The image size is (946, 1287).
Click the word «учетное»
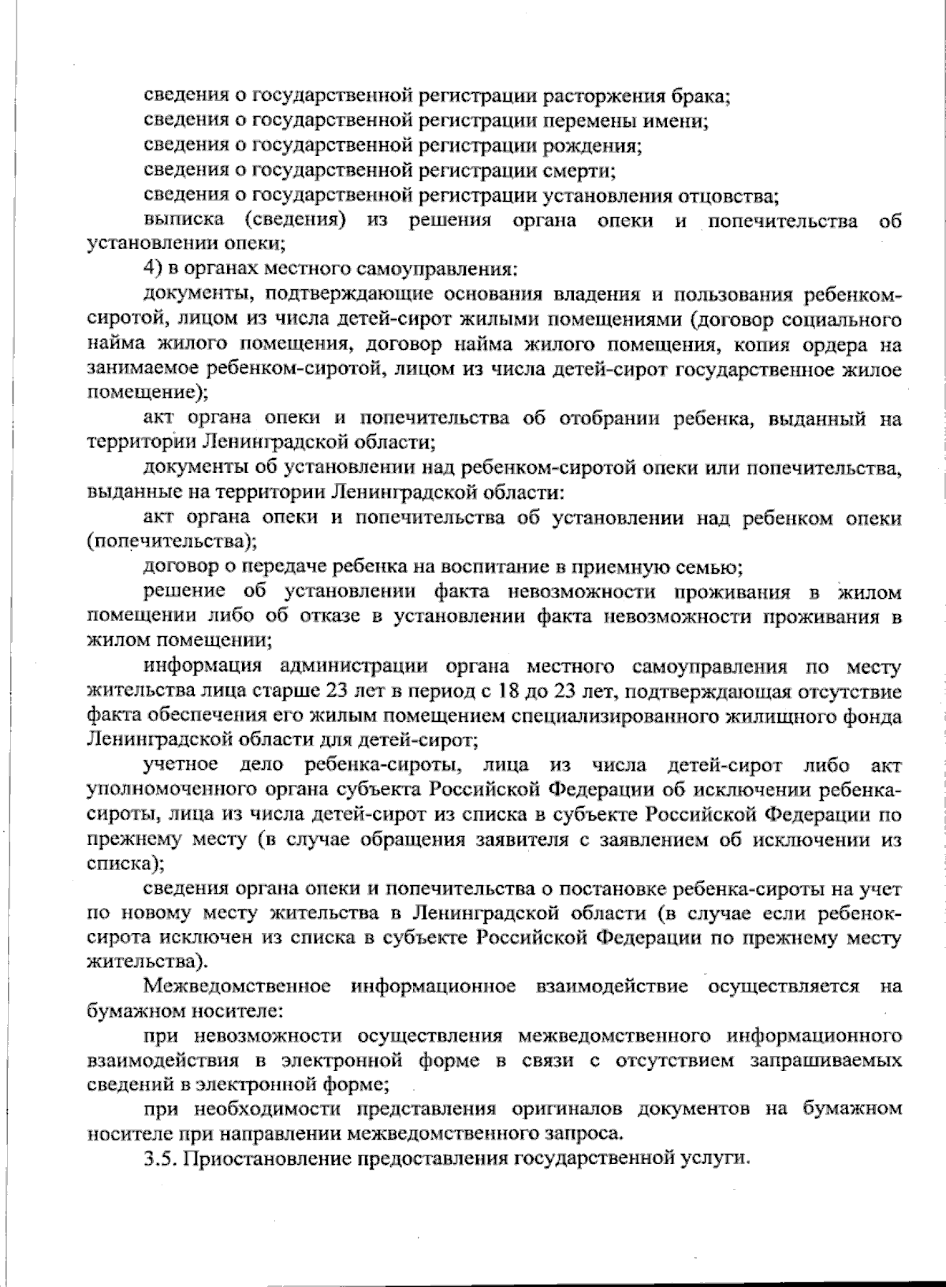tap(181, 765)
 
